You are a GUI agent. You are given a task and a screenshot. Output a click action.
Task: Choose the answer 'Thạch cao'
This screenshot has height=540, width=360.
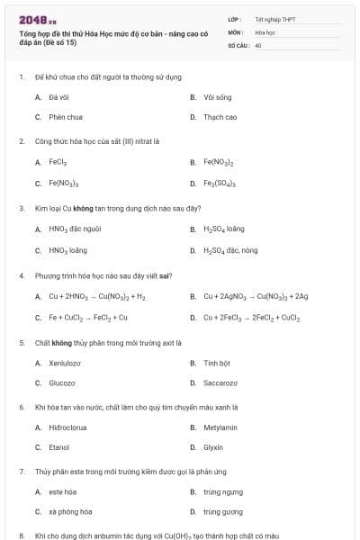click(x=220, y=117)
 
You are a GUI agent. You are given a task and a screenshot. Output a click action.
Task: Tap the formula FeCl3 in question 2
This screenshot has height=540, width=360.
click(x=58, y=163)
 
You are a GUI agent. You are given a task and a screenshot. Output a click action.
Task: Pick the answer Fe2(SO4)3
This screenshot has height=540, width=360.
click(x=220, y=184)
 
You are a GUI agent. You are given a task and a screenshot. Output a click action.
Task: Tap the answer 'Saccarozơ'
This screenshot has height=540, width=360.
click(x=220, y=383)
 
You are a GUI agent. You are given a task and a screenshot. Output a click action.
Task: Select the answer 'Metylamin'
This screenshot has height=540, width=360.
click(x=220, y=427)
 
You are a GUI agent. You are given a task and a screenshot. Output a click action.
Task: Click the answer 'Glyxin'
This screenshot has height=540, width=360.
click(x=213, y=447)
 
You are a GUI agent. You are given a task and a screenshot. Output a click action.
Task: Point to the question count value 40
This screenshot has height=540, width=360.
click(x=257, y=44)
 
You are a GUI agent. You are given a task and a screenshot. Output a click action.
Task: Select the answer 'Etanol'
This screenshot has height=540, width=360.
click(x=58, y=447)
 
